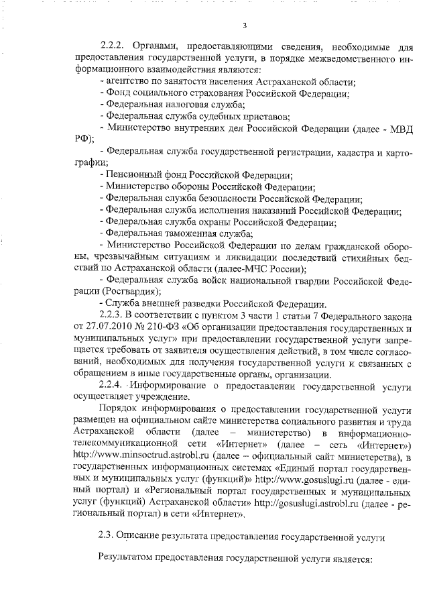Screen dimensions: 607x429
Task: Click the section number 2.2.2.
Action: coord(113,46)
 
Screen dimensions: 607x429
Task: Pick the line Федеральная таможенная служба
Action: coord(175,233)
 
